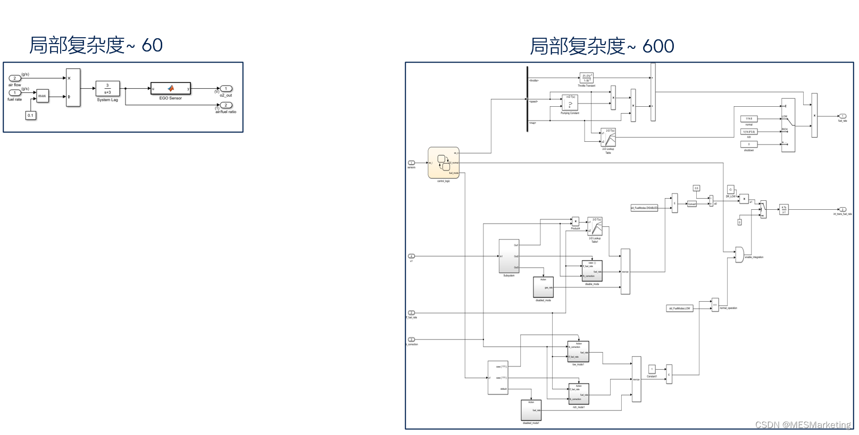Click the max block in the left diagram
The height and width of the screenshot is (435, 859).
(42, 96)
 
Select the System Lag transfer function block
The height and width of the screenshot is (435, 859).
(107, 88)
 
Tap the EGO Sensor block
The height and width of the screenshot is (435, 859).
(171, 88)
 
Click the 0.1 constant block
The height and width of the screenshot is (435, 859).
(30, 115)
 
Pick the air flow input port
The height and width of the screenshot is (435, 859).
(15, 78)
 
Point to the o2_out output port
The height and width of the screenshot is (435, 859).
(226, 89)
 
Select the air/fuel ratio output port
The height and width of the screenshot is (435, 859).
(226, 105)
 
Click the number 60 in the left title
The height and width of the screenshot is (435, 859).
(152, 46)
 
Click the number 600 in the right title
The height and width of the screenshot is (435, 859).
(658, 47)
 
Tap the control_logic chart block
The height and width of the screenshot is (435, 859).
(444, 163)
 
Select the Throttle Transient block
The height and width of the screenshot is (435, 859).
(586, 78)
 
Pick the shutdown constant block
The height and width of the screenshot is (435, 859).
(749, 144)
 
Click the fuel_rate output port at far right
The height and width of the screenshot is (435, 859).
(843, 116)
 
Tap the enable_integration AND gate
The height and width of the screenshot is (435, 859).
(739, 254)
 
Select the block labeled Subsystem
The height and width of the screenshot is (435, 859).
(509, 257)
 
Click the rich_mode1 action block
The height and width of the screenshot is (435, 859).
(579, 394)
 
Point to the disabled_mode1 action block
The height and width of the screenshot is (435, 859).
(531, 410)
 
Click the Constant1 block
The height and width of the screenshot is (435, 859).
(652, 369)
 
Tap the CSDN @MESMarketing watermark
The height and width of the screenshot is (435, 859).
(803, 424)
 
